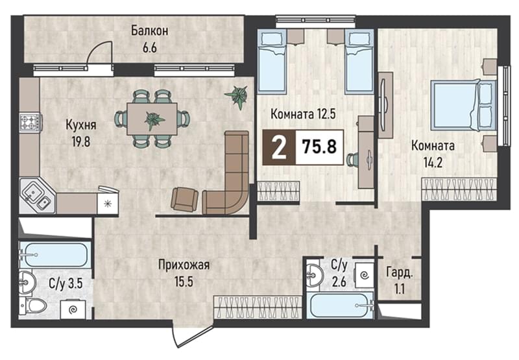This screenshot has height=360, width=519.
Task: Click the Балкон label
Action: [149, 30]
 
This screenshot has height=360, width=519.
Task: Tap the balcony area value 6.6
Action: [149, 48]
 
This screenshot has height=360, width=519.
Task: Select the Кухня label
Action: [80, 125]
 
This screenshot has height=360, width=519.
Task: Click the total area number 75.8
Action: [319, 147]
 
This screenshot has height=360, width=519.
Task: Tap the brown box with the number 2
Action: [279, 147]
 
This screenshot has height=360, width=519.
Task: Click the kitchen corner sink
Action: [36, 195]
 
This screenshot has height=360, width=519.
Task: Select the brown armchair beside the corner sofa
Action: [184, 199]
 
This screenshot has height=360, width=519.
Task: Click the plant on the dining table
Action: [154, 119]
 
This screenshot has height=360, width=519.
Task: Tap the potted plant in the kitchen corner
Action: [237, 95]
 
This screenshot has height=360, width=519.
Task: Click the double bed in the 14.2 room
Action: [463, 106]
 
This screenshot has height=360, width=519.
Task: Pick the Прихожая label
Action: [184, 265]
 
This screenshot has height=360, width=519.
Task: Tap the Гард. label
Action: [400, 273]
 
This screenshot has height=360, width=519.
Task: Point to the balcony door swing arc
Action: [96, 46]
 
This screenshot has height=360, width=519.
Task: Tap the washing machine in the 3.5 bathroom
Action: [73, 309]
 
